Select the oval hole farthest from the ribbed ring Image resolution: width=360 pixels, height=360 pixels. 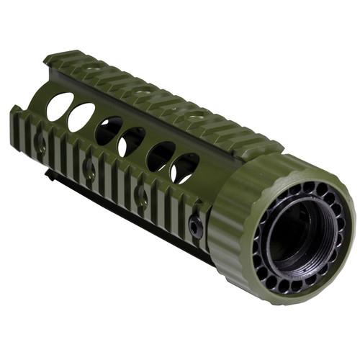pos(59,106)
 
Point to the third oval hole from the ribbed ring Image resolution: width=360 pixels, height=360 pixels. pos(132,141)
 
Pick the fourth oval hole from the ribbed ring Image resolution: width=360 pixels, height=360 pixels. pos(109,130)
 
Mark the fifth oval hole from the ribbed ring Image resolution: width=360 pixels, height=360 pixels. pos(81,117)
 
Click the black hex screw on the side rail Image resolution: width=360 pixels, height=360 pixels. pos(196,226)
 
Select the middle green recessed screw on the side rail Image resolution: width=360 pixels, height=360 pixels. pos(89,170)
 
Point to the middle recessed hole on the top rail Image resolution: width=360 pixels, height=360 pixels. pos(143,91)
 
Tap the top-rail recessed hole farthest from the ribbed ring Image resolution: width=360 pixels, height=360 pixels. pos(91,68)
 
